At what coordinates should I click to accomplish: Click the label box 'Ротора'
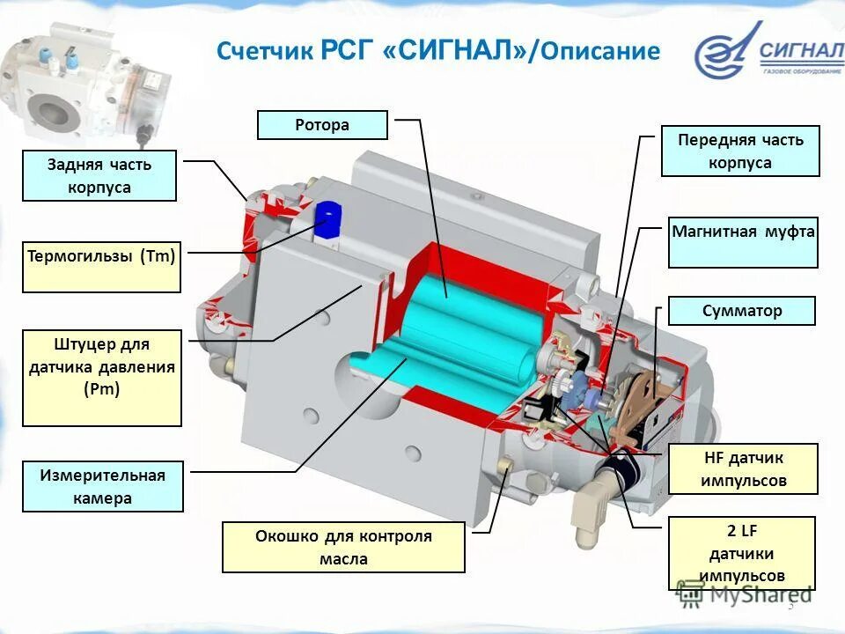point(322,125)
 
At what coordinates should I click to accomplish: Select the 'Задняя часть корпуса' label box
point(99,175)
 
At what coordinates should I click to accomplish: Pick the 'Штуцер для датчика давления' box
point(102,378)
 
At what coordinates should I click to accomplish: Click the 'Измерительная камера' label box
point(102,486)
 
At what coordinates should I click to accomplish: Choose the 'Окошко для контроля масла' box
point(343,547)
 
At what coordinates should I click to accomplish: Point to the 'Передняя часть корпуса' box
point(740,151)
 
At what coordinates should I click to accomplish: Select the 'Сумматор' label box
point(742,311)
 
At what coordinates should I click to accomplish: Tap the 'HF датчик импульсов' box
point(744,469)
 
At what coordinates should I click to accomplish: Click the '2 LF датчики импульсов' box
point(741,553)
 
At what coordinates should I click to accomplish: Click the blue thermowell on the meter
point(327,218)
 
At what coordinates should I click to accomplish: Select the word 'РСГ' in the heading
point(347,50)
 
